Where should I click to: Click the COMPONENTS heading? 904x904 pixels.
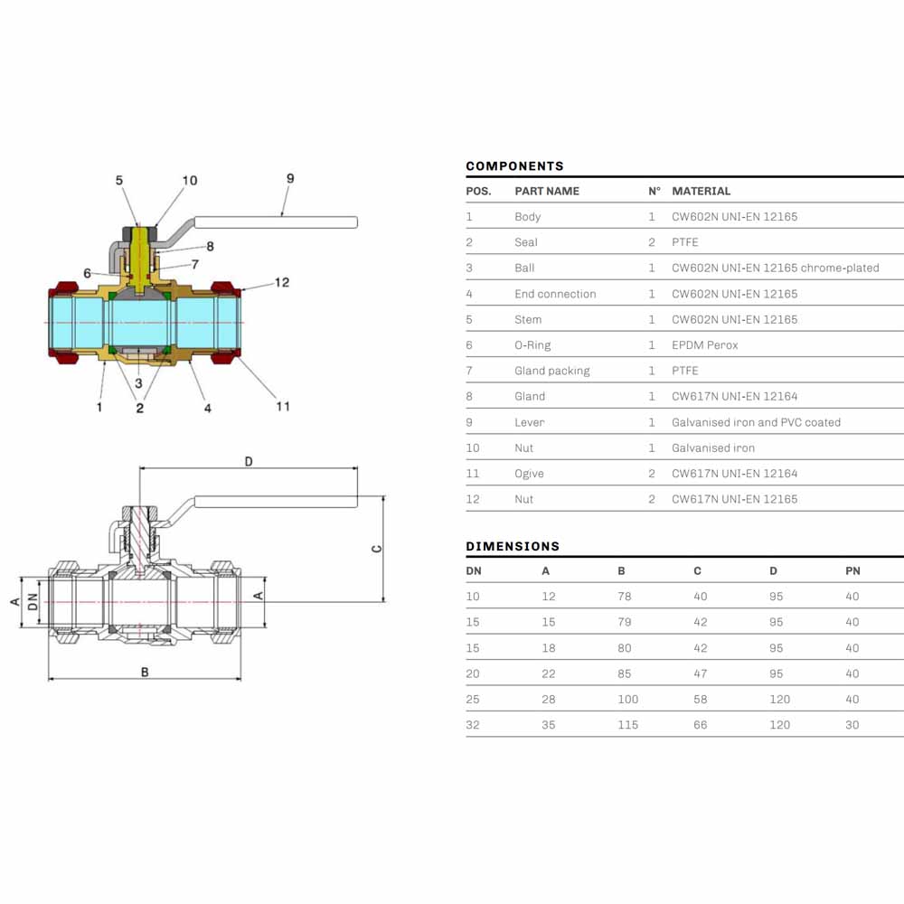[514, 166]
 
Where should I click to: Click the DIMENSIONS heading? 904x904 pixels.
[513, 546]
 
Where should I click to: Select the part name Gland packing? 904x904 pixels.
[551, 371]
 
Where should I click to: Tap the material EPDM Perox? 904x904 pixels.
[704, 344]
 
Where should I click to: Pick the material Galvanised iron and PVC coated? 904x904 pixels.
[756, 422]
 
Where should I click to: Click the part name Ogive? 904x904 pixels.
[529, 474]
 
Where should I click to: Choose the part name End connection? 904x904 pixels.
[555, 294]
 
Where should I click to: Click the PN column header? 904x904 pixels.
[852, 570]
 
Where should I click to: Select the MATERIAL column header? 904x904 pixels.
[701, 191]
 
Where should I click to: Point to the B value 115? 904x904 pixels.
[627, 725]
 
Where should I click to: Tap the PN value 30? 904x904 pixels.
[852, 725]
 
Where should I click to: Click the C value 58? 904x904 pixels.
[700, 699]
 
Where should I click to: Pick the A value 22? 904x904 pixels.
[549, 673]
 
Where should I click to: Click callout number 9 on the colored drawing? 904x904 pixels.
[290, 179]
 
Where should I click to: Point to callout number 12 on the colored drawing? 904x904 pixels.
[282, 282]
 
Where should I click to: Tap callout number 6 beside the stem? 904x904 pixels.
[87, 273]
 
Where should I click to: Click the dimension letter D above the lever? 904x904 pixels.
[249, 461]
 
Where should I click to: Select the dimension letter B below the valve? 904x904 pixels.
[145, 673]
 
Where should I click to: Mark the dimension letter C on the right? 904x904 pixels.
[376, 549]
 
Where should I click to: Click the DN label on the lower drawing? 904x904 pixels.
[33, 602]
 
